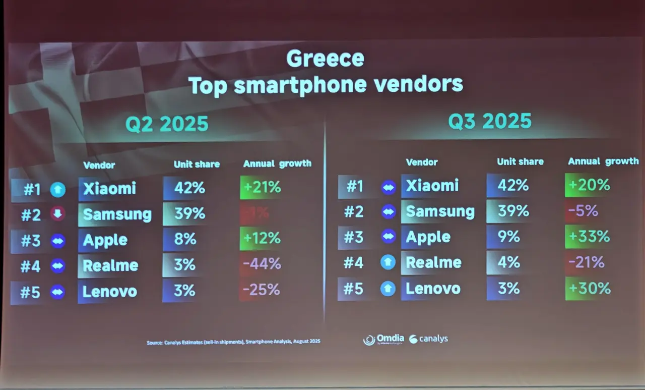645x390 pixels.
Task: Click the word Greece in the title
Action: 325,59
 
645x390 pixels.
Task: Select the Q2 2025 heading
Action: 167,124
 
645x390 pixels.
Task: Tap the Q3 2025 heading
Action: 490,121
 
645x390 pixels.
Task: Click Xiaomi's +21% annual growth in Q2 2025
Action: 262,188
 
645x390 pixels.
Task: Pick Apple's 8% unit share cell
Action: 185,239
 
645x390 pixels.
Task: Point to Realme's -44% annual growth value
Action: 262,264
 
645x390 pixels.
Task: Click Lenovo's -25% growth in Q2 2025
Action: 261,290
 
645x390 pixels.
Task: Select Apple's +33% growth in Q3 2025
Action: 588,236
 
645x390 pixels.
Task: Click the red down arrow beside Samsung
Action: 57,214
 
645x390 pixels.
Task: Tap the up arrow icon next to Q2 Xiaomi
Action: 57,190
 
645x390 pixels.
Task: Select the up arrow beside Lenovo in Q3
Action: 388,289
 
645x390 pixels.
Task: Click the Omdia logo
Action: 384,340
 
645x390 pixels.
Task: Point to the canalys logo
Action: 429,339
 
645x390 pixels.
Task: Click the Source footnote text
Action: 233,342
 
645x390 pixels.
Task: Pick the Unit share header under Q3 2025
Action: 520,162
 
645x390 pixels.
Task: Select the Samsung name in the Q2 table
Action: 117,214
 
